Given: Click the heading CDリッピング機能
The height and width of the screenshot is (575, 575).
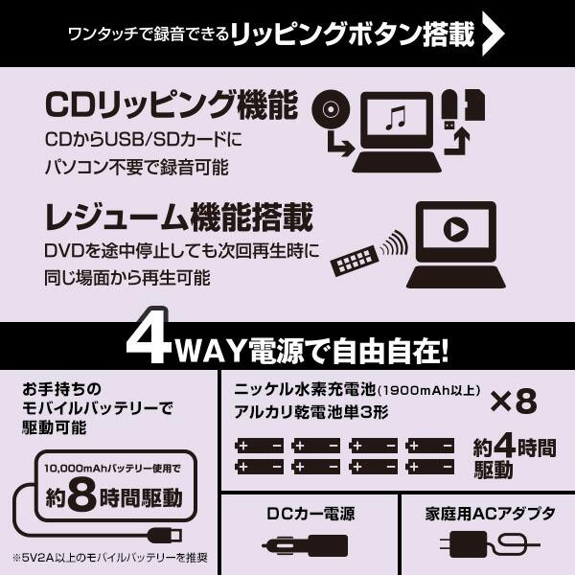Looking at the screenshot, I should pos(171,103).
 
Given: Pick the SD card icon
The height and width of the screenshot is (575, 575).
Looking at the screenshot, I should pos(475,105).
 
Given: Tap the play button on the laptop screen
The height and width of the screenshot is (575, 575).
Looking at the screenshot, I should pos(456,231).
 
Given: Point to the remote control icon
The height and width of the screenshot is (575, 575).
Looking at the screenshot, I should pos(354,256).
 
